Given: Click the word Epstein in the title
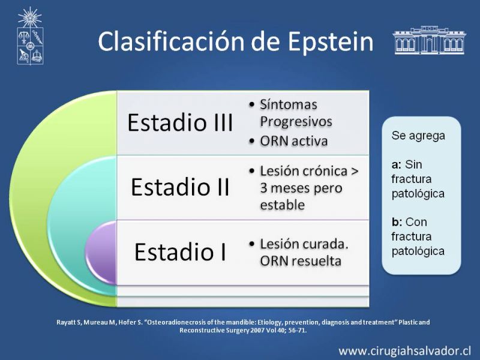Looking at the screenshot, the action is (x=331, y=42).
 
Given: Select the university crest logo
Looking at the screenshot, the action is (x=30, y=35).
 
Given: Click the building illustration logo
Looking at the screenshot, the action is (x=429, y=40).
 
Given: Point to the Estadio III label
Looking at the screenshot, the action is (x=180, y=122).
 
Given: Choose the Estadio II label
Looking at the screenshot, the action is (x=180, y=187).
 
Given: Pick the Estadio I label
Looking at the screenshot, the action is (x=180, y=251).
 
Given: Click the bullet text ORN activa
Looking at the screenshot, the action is (x=294, y=141).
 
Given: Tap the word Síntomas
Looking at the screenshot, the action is (x=289, y=104).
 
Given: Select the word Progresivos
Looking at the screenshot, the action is (x=296, y=122).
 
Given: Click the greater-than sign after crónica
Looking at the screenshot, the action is (x=355, y=172).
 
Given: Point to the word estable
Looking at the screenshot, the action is (x=282, y=205).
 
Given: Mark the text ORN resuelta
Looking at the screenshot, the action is (x=301, y=261).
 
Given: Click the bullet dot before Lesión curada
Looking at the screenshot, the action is (x=252, y=244).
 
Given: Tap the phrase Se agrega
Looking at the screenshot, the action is (x=418, y=136).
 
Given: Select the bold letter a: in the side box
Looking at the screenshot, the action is (x=397, y=164).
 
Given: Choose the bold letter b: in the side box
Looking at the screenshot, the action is (x=397, y=221).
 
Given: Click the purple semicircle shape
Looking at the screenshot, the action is (x=101, y=253).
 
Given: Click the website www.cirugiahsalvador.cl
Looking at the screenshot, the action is (x=404, y=350).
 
